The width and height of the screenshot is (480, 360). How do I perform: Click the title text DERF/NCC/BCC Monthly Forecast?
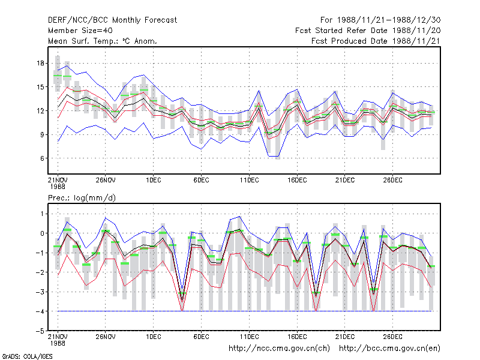[x=112, y=20]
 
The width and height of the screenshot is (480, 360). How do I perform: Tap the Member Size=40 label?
[x=80, y=31]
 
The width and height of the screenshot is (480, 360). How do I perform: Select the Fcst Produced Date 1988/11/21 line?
[x=376, y=41]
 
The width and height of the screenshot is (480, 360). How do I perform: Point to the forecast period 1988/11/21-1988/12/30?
[x=380, y=20]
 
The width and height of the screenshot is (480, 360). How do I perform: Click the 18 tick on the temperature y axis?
[x=40, y=64]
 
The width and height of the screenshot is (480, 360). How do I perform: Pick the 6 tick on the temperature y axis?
[x=42, y=158]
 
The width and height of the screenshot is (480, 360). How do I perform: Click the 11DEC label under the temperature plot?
[x=249, y=180]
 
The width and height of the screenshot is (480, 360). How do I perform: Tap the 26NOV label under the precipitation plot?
[x=106, y=337]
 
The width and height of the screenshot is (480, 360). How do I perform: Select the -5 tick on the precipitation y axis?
[x=40, y=331]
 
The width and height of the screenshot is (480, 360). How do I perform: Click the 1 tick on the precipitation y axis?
[x=42, y=214]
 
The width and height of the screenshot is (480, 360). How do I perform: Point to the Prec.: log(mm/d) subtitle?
[x=82, y=198]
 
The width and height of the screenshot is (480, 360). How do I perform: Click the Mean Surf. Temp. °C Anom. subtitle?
[x=103, y=41]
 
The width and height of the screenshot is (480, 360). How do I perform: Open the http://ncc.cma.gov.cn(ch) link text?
[x=279, y=349]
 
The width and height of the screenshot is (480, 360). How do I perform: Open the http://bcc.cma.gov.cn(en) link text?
[x=389, y=349]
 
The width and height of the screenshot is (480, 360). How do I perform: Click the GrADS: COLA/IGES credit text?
[x=27, y=356]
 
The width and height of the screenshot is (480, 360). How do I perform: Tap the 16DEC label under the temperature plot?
[x=297, y=180]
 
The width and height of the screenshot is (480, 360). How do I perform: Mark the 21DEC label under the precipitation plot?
[x=344, y=337]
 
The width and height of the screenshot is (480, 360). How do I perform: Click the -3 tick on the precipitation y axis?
[x=40, y=292]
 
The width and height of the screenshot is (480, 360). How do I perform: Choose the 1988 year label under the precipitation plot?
[x=58, y=343]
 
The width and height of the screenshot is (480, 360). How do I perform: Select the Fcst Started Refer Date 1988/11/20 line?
[x=368, y=31]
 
